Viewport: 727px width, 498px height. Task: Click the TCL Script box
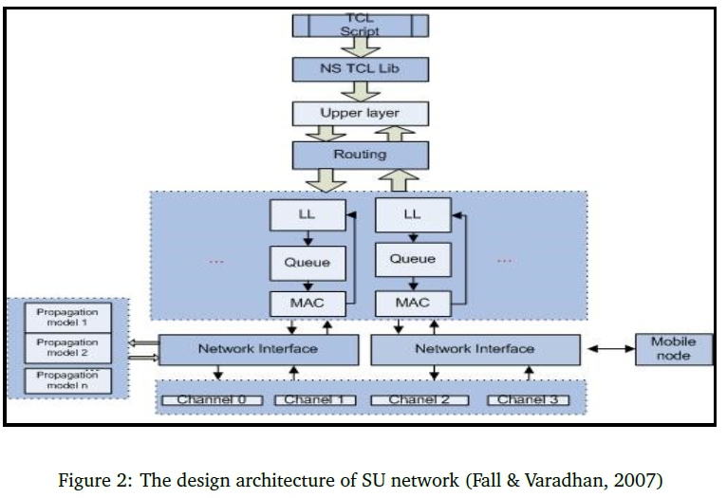pos(360,25)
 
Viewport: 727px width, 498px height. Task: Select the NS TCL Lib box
pos(360,69)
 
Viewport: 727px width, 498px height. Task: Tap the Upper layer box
pos(360,113)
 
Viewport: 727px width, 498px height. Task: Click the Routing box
pos(360,154)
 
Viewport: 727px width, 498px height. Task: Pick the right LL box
pos(412,215)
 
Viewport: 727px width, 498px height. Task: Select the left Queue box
pos(307,262)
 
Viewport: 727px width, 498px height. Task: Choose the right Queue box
pos(412,259)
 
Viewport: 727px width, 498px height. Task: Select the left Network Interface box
pos(258,349)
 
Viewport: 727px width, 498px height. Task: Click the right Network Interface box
pos(475,349)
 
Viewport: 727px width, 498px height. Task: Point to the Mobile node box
pos(673,349)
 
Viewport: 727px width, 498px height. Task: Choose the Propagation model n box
pos(67,381)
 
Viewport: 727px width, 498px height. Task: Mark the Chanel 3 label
pos(529,400)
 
